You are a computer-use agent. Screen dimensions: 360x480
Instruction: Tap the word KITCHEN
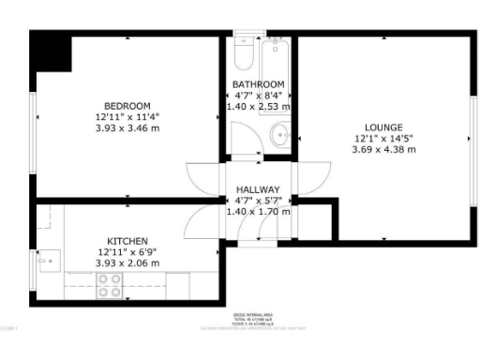127,241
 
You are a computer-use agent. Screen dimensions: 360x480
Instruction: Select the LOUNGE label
384,127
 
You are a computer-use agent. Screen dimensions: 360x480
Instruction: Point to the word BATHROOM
258,84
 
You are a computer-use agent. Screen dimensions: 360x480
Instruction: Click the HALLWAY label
258,189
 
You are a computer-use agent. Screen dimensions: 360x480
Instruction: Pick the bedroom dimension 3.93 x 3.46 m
128,127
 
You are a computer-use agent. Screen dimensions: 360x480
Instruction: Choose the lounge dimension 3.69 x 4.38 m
384,149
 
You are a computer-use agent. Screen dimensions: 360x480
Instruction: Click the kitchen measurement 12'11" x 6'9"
127,252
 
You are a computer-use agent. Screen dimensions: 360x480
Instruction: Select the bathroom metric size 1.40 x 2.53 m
258,107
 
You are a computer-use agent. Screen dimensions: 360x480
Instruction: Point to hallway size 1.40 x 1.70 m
258,212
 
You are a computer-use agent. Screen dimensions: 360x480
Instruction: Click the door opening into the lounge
311,178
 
